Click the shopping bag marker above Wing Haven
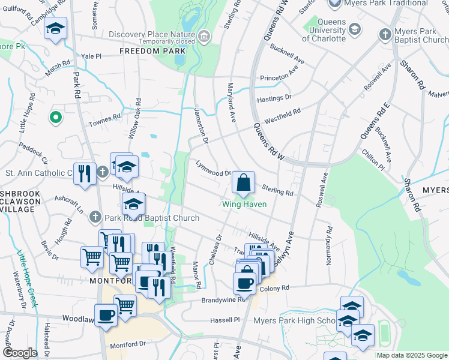pos(243,182)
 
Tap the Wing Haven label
pos(244,204)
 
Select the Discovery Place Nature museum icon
pos(204,38)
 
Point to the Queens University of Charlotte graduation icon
pos(355,29)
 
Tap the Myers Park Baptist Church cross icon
pos(385,34)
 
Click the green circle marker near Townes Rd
pos(56,118)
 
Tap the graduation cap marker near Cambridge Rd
pos(56,29)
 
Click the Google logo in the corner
pos(20,353)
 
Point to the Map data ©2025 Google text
pos(412,355)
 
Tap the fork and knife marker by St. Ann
pos(85,174)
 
